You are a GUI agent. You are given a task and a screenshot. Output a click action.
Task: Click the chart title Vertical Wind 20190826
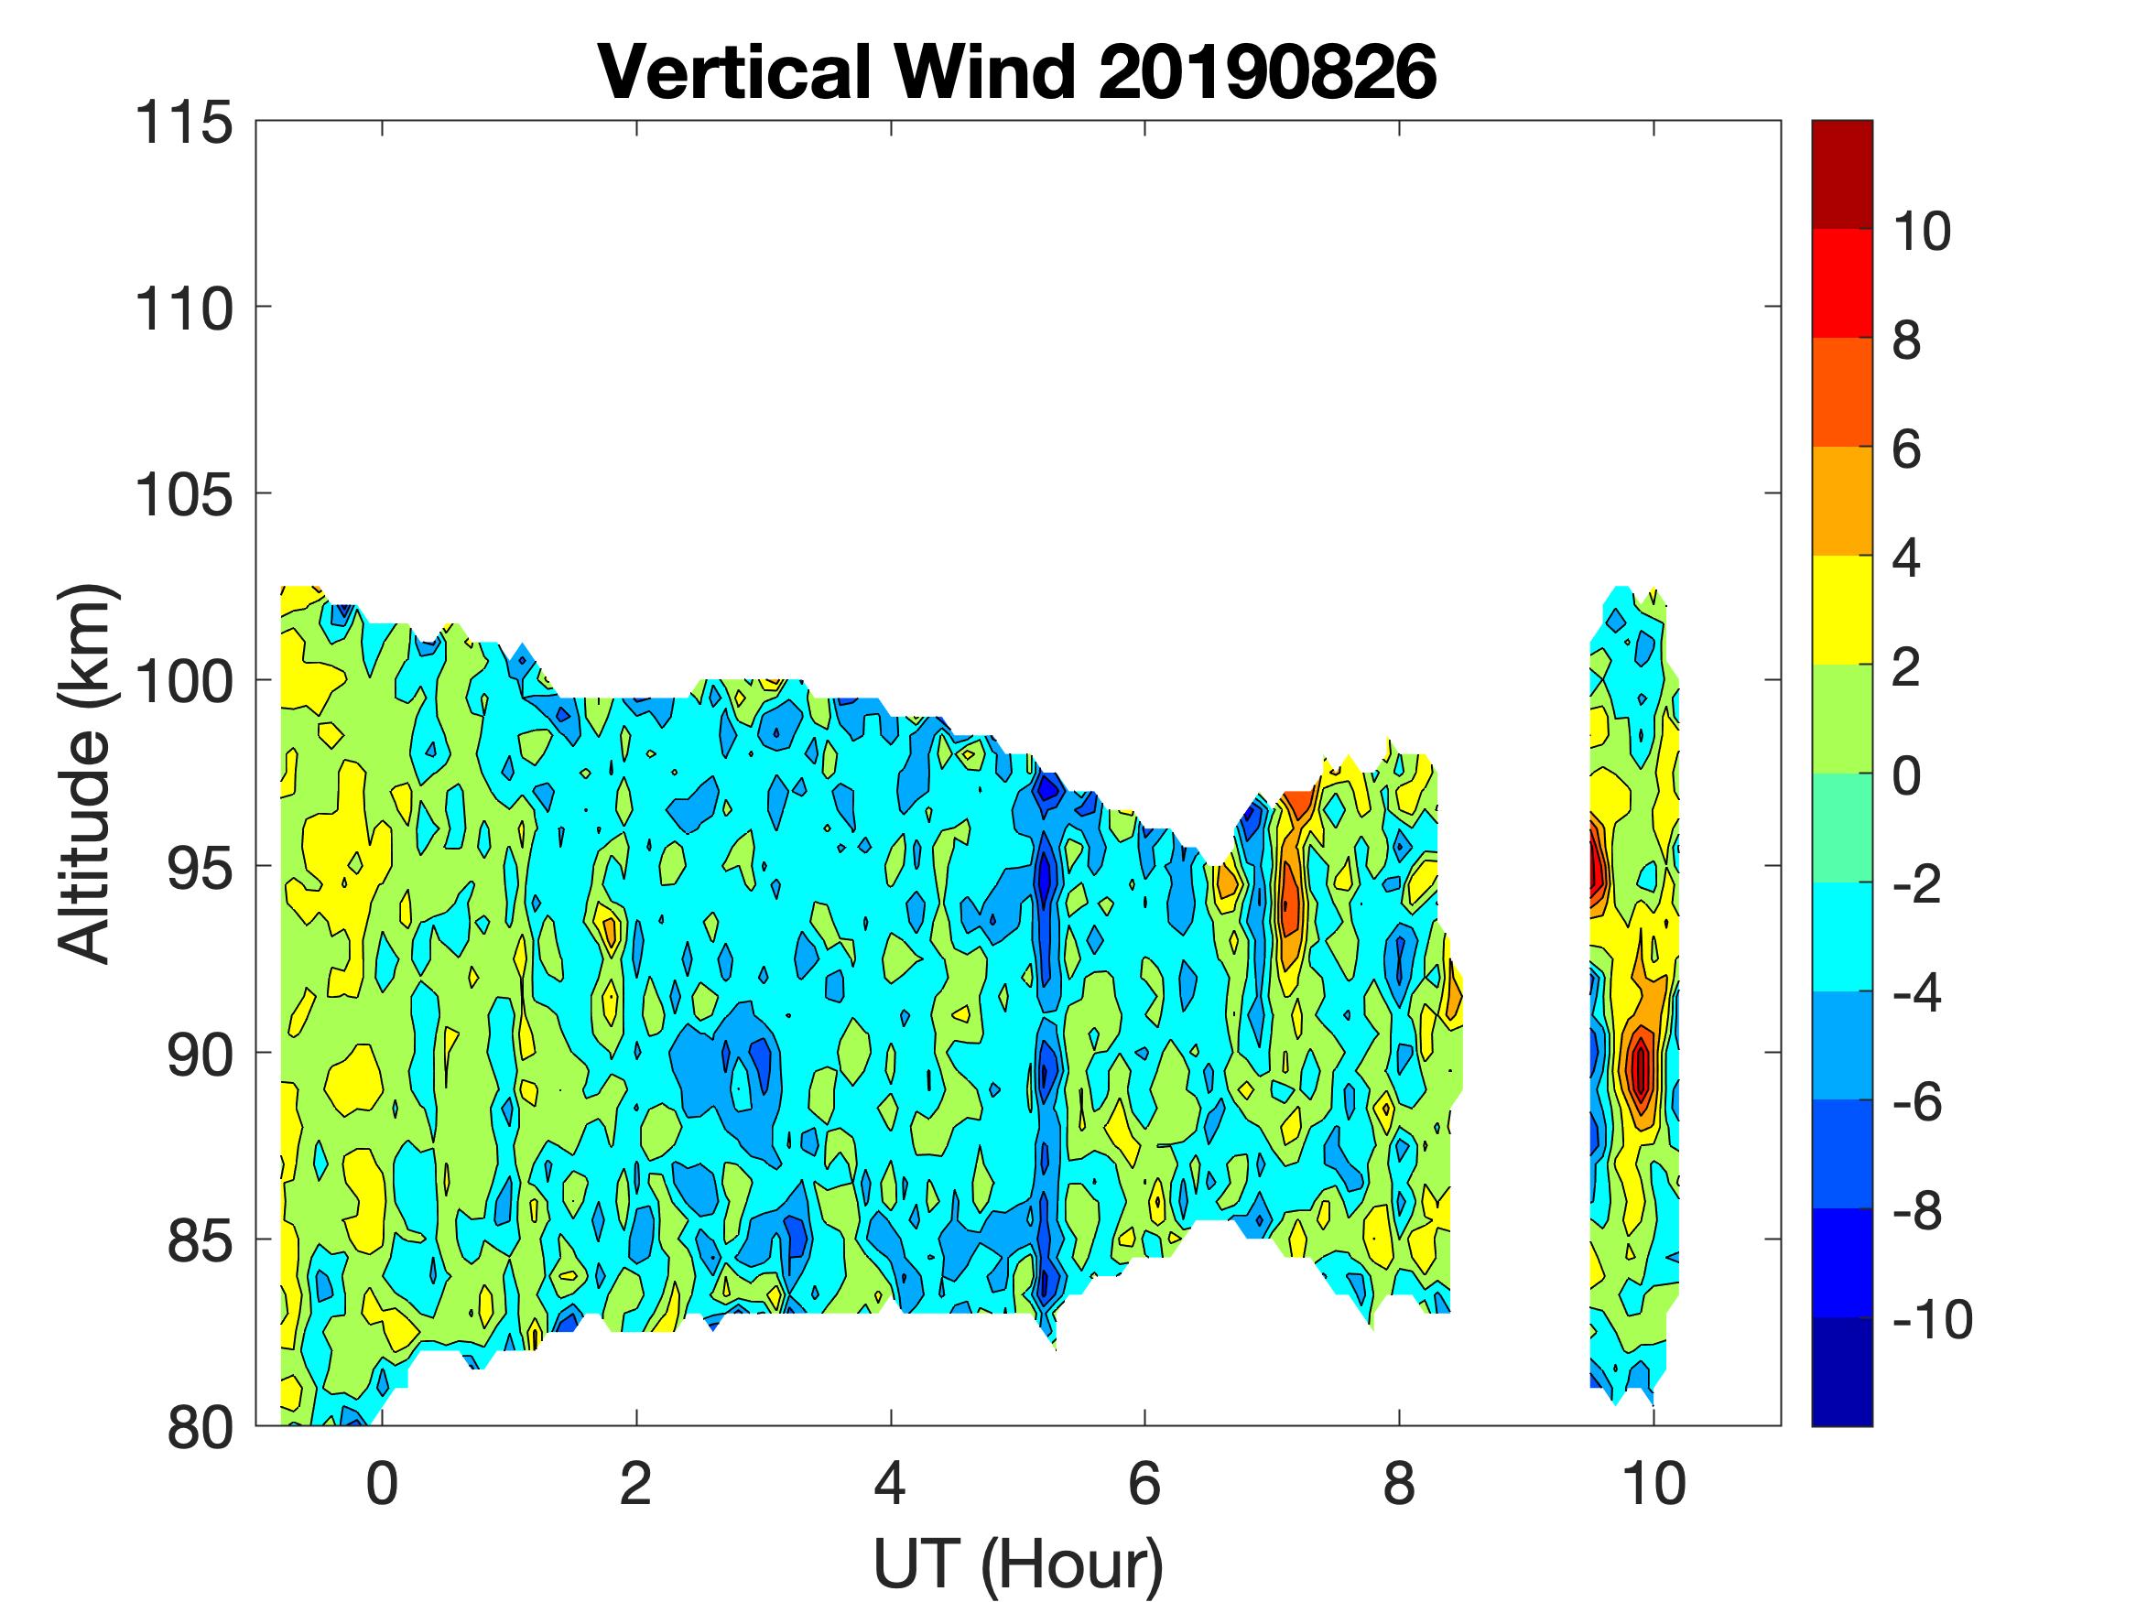tap(1017, 72)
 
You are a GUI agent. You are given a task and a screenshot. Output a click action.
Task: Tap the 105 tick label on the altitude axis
tap(183, 496)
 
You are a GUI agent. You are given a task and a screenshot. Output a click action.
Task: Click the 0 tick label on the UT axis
tap(383, 1483)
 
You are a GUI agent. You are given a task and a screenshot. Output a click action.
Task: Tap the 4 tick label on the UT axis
tap(890, 1483)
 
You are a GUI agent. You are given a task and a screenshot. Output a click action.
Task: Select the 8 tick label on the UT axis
tap(1399, 1483)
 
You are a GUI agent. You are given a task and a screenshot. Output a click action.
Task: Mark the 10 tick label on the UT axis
tap(1654, 1483)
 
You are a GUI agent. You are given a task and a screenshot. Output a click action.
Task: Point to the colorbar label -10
tap(1931, 1319)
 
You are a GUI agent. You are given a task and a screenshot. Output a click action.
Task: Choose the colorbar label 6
tap(1907, 450)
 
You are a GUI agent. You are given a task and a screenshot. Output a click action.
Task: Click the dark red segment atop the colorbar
tap(1841, 174)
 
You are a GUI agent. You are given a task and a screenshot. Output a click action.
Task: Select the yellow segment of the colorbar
tap(1841, 610)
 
